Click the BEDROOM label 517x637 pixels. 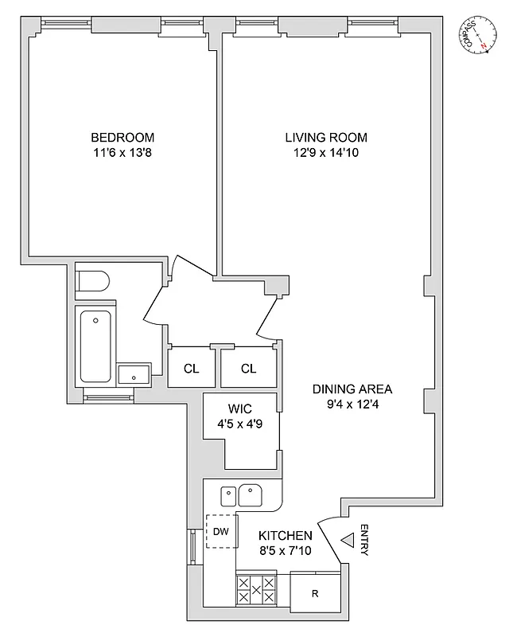tap(122, 137)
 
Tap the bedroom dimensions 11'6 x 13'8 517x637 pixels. tap(122, 153)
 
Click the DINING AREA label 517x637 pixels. tap(352, 389)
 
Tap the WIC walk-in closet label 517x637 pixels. tap(240, 409)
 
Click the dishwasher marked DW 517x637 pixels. tap(222, 532)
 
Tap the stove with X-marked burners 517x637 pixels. tap(256, 591)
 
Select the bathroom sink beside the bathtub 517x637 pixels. tap(134, 373)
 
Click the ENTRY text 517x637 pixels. tap(363, 540)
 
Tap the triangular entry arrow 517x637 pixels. tap(347, 541)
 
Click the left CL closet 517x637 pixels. tap(191, 368)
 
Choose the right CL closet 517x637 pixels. tap(248, 368)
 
